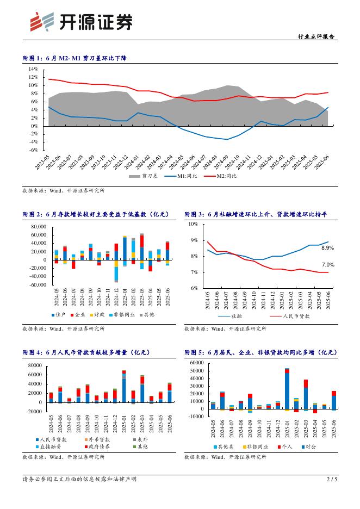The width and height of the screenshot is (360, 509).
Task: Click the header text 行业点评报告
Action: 316,37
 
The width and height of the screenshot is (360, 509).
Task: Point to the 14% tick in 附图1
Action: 33,69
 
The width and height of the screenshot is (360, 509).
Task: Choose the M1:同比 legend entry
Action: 181,176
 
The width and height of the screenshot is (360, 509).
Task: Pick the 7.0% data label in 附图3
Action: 327,265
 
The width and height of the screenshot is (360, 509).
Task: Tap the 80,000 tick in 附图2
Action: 39,226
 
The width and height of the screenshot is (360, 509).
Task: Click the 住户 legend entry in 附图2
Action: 60,314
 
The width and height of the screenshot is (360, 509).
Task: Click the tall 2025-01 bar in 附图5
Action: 287,388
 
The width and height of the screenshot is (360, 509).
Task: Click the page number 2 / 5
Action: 332,479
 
